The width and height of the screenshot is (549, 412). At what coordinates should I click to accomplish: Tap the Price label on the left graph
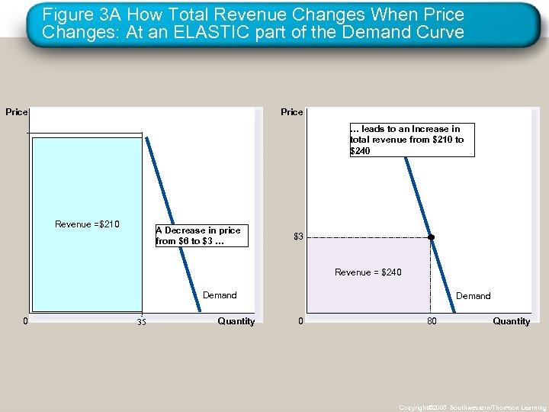pyautogui.click(x=16, y=112)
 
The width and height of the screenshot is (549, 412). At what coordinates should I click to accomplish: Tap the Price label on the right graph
pyautogui.click(x=291, y=112)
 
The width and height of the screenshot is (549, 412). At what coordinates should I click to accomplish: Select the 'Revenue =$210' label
pyautogui.click(x=87, y=224)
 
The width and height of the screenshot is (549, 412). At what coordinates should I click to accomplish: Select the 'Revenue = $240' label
pyautogui.click(x=368, y=272)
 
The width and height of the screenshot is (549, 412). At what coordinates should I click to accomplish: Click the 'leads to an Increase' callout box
pyautogui.click(x=411, y=140)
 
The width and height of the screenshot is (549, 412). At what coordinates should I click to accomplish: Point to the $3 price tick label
pyautogui.click(x=299, y=237)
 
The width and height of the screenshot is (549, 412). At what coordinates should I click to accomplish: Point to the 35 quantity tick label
pyautogui.click(x=141, y=322)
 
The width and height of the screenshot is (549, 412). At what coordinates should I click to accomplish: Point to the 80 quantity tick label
pyautogui.click(x=432, y=321)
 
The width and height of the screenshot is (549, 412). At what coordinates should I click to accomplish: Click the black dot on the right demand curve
pyautogui.click(x=431, y=237)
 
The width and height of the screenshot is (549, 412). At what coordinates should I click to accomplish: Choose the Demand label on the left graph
pyautogui.click(x=220, y=295)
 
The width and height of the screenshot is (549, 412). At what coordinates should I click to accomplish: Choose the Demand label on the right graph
pyautogui.click(x=473, y=296)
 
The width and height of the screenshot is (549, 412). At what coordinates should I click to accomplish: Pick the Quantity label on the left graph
pyautogui.click(x=236, y=321)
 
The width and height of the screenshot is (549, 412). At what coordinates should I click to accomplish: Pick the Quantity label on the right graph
pyautogui.click(x=511, y=321)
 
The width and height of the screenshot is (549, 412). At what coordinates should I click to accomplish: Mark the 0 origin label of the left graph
pyautogui.click(x=26, y=321)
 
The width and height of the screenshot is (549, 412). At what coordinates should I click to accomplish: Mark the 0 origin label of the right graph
pyautogui.click(x=301, y=321)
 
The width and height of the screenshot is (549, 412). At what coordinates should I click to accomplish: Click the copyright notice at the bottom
pyautogui.click(x=472, y=407)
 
